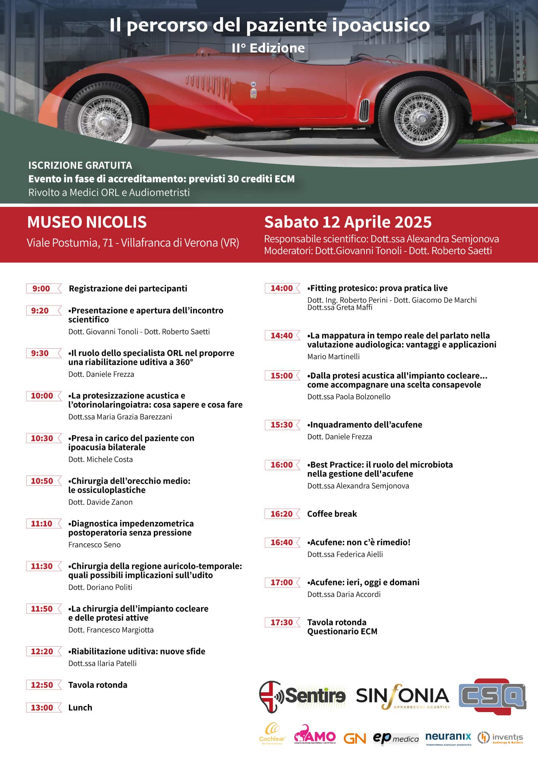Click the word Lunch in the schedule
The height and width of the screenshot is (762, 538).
[80, 708]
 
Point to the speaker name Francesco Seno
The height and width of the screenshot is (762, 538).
[94, 545]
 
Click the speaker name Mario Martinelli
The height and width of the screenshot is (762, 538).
[333, 357]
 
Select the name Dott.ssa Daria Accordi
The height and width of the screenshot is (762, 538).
[344, 594]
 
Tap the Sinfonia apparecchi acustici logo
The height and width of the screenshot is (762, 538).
[402, 697]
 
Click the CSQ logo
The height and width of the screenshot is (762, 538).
[492, 696]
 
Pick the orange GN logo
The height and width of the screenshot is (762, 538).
[354, 738]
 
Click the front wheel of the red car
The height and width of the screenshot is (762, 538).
[421, 118]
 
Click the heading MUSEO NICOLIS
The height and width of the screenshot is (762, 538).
[87, 222]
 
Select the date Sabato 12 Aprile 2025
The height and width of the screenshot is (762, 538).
[348, 222]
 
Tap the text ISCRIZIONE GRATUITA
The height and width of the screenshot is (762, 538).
[80, 165]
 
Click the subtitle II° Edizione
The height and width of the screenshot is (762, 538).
[268, 48]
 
